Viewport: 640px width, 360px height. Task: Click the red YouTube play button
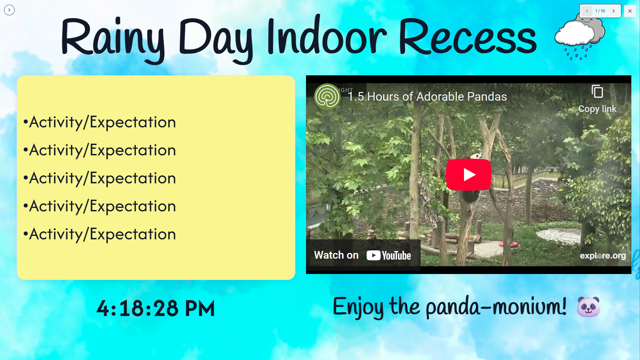click(x=468, y=174)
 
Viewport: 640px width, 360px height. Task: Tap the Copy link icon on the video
click(x=597, y=91)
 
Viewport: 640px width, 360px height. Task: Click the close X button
click(x=630, y=11)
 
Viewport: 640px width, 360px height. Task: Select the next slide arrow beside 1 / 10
click(x=613, y=11)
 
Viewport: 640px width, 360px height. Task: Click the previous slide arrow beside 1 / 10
click(x=587, y=11)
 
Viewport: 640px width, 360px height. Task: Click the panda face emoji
click(x=588, y=307)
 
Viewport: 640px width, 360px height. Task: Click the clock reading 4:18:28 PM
click(x=156, y=308)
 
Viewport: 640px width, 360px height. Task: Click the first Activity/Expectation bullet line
click(x=99, y=122)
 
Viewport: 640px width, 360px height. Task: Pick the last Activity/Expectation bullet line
click(x=99, y=234)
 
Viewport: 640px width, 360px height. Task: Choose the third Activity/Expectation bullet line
click(x=99, y=178)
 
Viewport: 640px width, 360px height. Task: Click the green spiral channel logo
click(x=327, y=97)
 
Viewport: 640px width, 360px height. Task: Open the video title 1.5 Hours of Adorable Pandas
click(x=427, y=96)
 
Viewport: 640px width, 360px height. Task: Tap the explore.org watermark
click(x=603, y=256)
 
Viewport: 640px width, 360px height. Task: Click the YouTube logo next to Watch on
click(x=389, y=255)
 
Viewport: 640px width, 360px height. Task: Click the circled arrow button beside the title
click(x=9, y=10)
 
